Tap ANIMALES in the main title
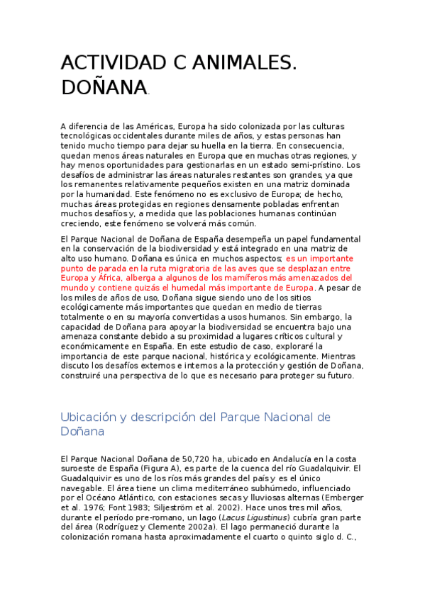[241, 63]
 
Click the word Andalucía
[260, 459]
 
